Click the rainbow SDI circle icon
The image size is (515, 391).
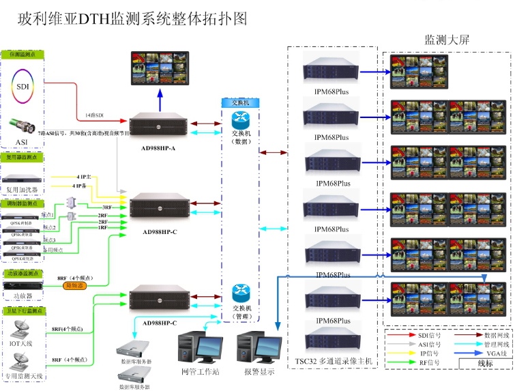coord(24,87)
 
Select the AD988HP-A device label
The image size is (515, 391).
coord(158,148)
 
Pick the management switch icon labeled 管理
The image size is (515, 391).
coord(241,293)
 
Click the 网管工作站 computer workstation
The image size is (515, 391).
coord(198,348)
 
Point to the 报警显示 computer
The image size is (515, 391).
coord(259,348)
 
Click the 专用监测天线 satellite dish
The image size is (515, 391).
coord(23,360)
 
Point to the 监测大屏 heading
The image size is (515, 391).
coord(447,40)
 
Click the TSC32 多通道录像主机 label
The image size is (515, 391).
coord(332,360)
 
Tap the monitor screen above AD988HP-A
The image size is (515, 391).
coord(161,70)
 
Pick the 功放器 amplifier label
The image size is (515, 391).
coord(23,296)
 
